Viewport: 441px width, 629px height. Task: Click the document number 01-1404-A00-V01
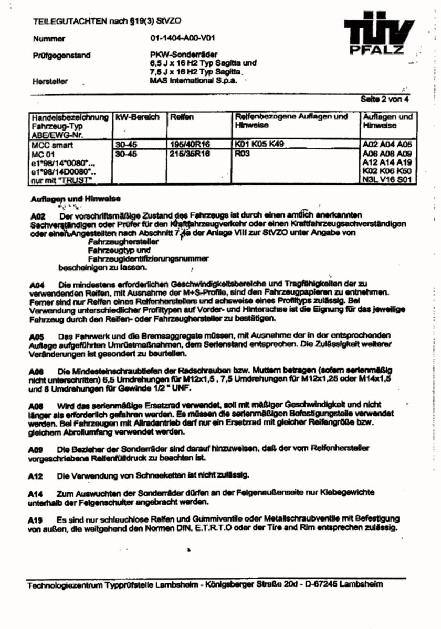click(182, 38)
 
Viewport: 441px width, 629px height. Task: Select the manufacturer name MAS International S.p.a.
click(193, 81)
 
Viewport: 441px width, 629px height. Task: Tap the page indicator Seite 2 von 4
click(388, 99)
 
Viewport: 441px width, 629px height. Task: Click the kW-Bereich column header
click(137, 117)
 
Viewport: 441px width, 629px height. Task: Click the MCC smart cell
click(51, 145)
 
